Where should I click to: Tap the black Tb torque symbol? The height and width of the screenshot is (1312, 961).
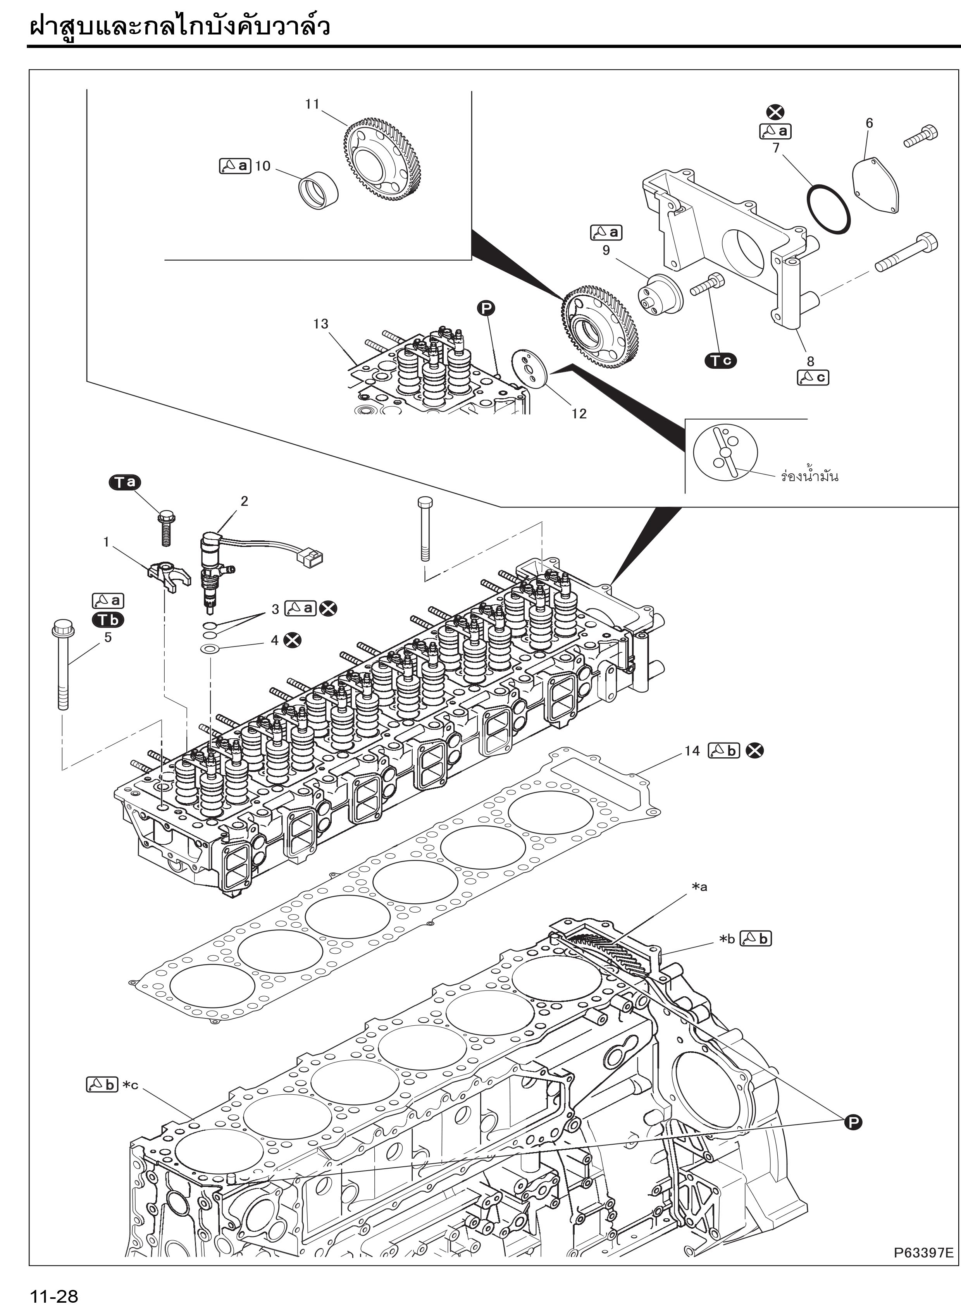[x=108, y=620]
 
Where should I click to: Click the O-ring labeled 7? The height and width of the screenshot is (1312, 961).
[x=828, y=209]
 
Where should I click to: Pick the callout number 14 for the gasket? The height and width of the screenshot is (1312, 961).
[x=692, y=751]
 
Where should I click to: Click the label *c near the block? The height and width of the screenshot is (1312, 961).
[x=130, y=1085]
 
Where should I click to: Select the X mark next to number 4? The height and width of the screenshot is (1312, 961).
[x=293, y=640]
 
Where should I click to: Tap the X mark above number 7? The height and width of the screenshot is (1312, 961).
[x=775, y=113]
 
